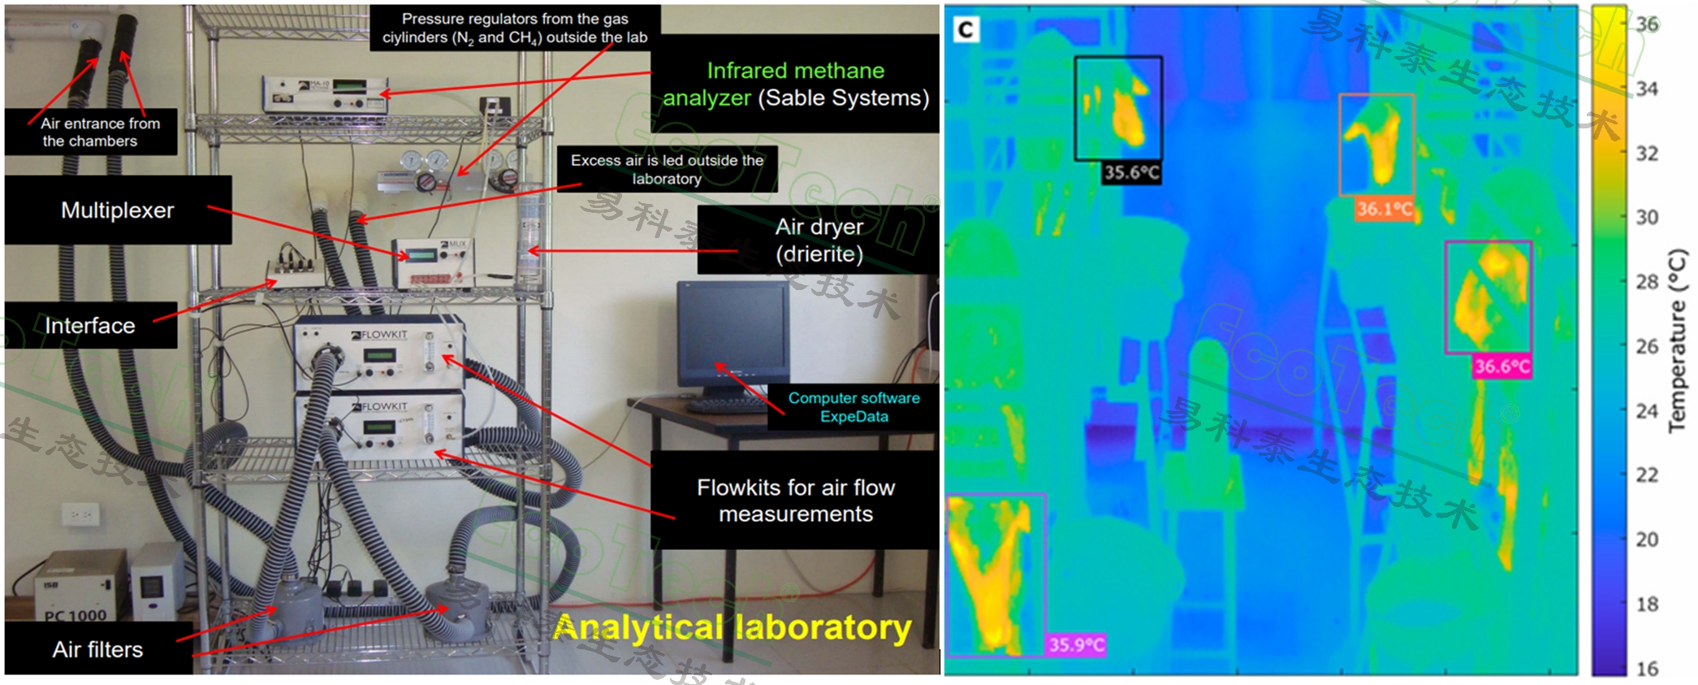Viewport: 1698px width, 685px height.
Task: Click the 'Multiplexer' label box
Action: click(118, 210)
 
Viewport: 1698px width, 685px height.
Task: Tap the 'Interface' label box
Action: click(90, 326)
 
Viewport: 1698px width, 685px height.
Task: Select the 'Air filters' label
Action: click(97, 649)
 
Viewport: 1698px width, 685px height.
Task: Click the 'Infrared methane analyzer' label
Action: click(795, 84)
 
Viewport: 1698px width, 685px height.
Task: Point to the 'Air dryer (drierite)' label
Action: click(819, 240)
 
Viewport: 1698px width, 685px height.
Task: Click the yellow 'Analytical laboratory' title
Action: click(732, 628)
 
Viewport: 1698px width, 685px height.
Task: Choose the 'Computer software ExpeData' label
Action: click(853, 407)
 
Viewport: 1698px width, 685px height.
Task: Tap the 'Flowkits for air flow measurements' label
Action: click(795, 501)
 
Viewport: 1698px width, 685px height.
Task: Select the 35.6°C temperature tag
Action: click(1131, 172)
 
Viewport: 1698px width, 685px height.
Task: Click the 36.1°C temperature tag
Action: click(1385, 209)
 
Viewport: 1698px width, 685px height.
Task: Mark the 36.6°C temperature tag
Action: click(1502, 366)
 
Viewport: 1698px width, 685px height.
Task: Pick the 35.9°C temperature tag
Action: click(1076, 645)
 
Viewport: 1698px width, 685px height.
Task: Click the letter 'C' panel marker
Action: click(966, 30)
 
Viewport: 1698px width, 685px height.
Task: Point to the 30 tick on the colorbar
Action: click(1647, 217)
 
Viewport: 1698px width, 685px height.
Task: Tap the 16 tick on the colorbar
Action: click(1647, 669)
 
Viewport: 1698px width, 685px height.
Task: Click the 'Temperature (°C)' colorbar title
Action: click(1677, 340)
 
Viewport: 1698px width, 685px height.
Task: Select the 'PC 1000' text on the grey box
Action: click(76, 615)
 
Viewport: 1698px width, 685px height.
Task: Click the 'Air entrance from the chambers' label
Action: click(90, 132)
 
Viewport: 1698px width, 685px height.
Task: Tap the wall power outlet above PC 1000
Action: click(80, 514)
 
